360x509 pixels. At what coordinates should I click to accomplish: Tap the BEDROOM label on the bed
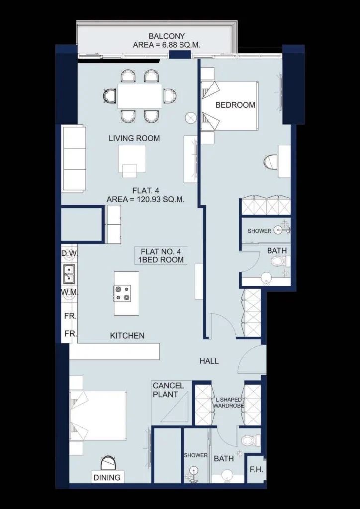235,105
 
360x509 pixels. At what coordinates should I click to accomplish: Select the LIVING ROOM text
134,138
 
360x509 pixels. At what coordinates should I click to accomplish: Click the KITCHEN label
127,336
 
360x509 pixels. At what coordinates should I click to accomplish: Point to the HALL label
209,361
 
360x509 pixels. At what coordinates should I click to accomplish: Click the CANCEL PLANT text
169,390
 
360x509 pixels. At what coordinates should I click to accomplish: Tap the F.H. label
256,469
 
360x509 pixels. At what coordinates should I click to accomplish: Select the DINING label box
107,477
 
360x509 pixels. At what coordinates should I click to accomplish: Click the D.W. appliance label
69,253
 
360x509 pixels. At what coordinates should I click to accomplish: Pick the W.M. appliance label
69,292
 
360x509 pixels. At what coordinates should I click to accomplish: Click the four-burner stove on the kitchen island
122,293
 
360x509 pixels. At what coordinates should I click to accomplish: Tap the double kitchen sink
69,274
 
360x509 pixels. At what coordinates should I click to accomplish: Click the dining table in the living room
140,96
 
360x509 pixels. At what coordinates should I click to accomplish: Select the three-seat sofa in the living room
74,159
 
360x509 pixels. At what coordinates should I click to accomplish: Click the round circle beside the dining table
191,118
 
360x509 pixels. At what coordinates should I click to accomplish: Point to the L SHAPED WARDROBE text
229,403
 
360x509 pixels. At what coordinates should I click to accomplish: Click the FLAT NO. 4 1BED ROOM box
161,255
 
